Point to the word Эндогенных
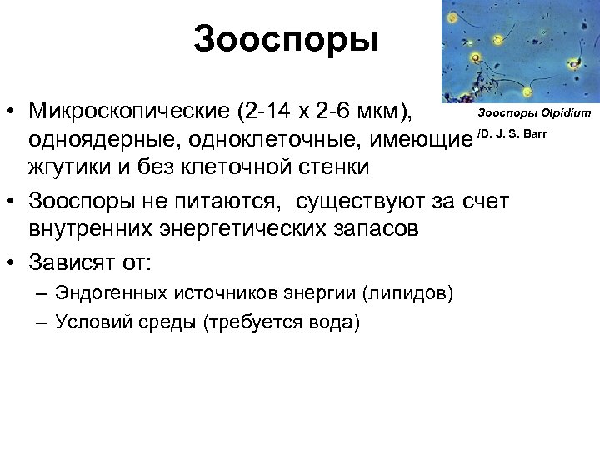point(111,293)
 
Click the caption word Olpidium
point(566,112)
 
